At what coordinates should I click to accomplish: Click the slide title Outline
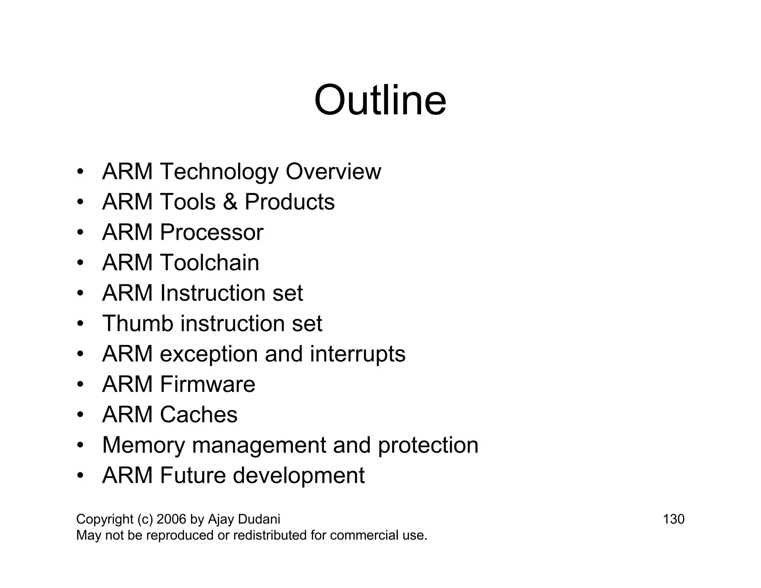[380, 100]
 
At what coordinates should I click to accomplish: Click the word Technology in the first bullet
[219, 172]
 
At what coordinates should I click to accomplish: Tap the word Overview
[333, 172]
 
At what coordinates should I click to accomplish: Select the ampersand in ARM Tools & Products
[230, 202]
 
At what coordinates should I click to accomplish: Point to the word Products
[289, 202]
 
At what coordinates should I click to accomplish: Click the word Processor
[211, 233]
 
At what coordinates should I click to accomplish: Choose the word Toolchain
[209, 263]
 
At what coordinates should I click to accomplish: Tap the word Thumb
[138, 323]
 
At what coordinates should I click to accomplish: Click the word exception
[208, 354]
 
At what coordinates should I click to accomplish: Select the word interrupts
[357, 354]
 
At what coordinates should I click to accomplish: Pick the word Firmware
[207, 384]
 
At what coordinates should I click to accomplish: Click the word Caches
[198, 415]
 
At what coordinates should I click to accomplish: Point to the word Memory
[143, 445]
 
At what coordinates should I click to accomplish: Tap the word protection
[428, 445]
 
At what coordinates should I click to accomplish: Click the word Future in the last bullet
[192, 475]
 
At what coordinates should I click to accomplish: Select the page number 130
[673, 519]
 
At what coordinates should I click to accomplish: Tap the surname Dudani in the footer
[259, 519]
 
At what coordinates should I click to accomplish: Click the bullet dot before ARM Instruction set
[80, 293]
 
